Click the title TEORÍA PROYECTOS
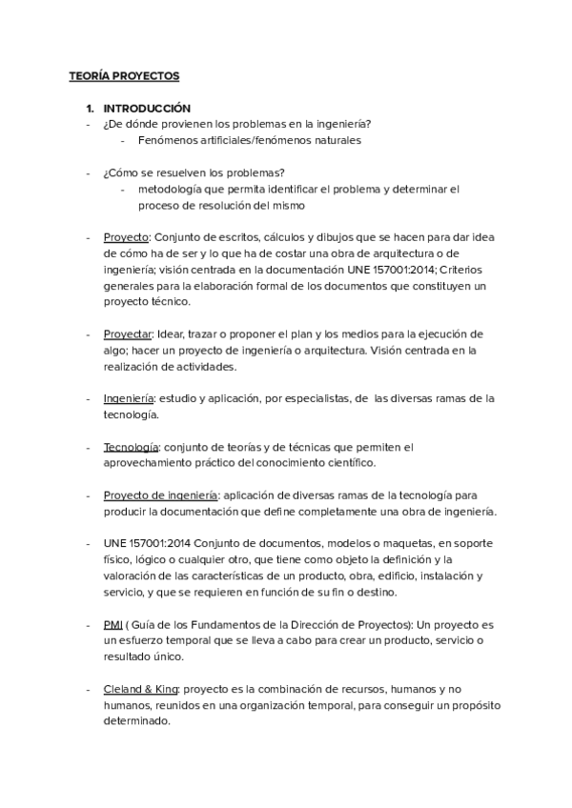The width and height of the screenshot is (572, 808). (x=124, y=75)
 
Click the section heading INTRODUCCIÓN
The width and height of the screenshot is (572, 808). (x=147, y=109)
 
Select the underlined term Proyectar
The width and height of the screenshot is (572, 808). (x=129, y=334)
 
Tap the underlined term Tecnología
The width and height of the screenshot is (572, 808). (x=131, y=447)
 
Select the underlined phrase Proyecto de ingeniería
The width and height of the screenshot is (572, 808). (x=161, y=495)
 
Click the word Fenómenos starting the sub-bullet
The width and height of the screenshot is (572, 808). (x=169, y=140)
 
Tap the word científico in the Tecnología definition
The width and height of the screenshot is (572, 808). (x=348, y=463)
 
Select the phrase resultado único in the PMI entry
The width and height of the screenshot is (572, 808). (x=144, y=657)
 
